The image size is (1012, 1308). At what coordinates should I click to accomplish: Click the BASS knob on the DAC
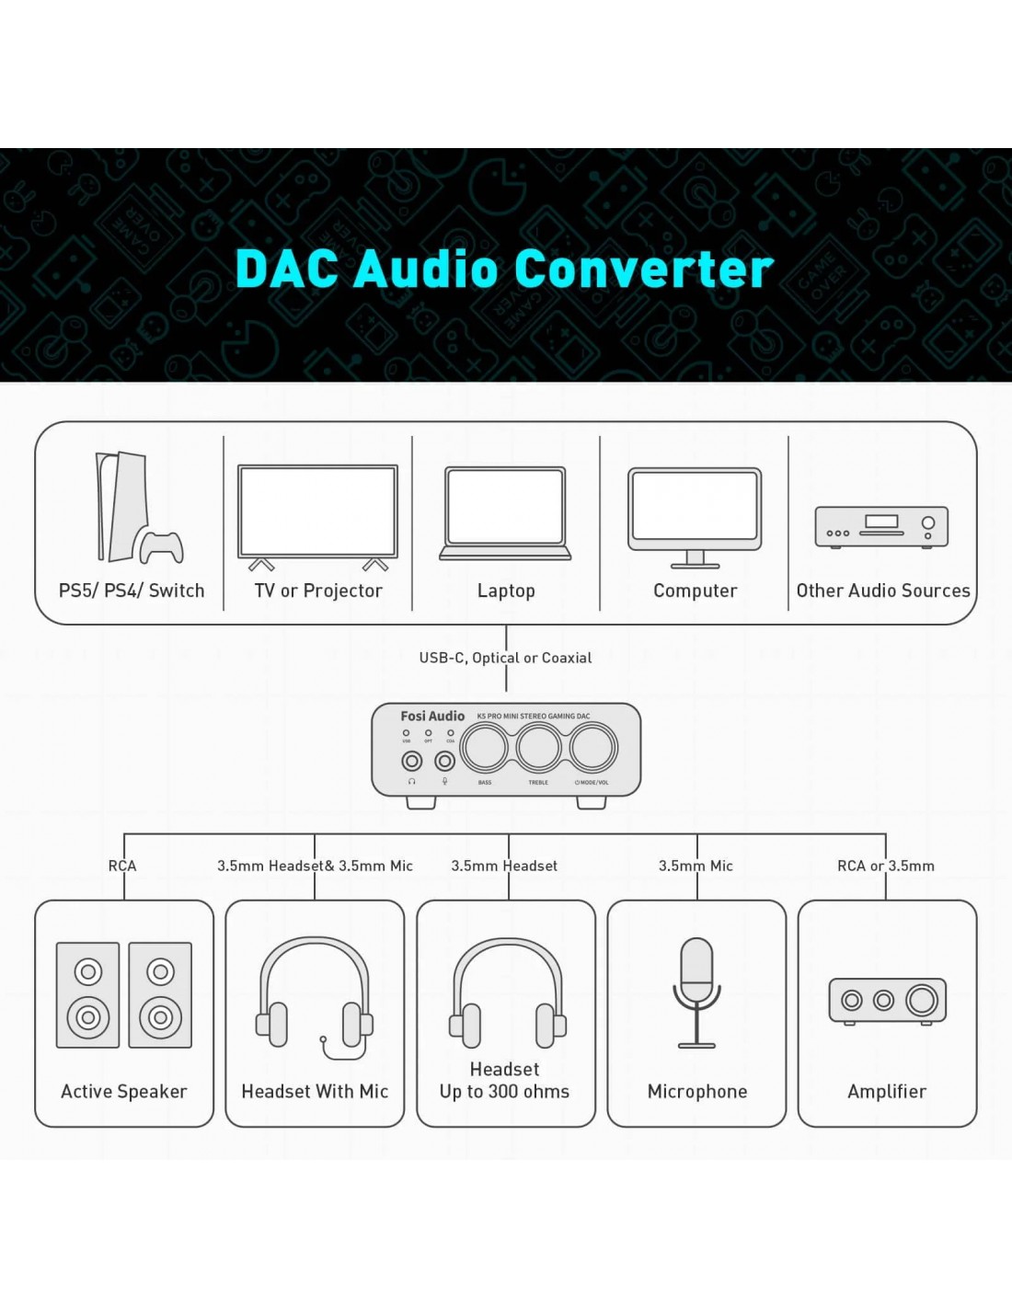click(x=484, y=748)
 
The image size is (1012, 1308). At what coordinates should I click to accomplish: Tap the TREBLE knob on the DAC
click(x=539, y=748)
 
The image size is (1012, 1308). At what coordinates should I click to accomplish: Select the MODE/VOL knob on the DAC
click(x=593, y=748)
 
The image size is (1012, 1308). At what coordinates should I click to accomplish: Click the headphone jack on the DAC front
click(x=412, y=761)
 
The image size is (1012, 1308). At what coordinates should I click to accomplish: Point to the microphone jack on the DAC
click(x=445, y=761)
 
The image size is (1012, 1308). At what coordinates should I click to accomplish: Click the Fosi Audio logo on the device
click(x=432, y=716)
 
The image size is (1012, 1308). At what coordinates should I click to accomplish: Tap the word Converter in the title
click(x=643, y=269)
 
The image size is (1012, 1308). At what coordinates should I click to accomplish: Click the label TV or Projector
click(x=318, y=591)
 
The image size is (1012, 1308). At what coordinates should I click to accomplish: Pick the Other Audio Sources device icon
click(x=881, y=527)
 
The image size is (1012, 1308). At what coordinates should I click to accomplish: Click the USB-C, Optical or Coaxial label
click(x=505, y=658)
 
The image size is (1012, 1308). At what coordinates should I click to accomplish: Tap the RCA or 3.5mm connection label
click(x=885, y=866)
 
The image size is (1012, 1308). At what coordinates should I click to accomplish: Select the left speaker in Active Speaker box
click(x=88, y=995)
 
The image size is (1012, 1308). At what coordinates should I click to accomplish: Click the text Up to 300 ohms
click(x=504, y=1092)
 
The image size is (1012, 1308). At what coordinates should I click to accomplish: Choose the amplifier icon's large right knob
click(x=922, y=1000)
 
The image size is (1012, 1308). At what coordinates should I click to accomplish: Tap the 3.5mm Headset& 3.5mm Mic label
click(x=315, y=866)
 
